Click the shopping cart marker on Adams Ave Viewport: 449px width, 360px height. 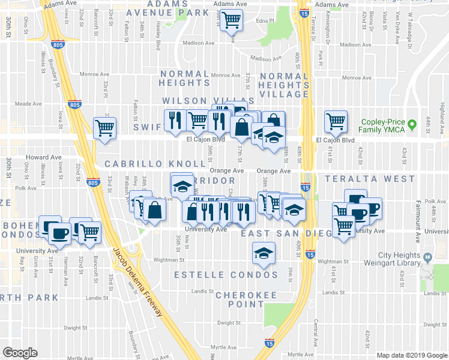point(231,20)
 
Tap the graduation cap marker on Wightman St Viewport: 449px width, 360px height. point(263,254)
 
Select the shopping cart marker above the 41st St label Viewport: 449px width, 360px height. point(336,122)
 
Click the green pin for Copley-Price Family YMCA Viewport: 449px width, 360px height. point(412,125)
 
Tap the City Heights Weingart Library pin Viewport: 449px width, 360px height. point(427,258)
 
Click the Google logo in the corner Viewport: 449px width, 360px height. point(20,353)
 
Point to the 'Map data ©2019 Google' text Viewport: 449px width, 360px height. point(412,355)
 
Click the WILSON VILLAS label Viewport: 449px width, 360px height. point(200,101)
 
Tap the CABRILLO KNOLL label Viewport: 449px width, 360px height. point(155,164)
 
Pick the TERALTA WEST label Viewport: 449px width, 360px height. point(370,179)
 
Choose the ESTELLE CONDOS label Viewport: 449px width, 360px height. point(226,275)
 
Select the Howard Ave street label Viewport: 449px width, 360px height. point(43,157)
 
